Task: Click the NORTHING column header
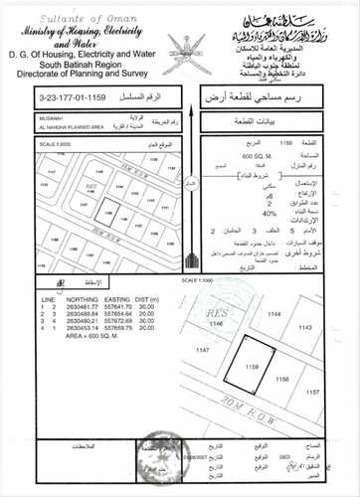pos(86,299)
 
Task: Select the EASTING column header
pos(118,299)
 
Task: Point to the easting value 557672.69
pos(118,322)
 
